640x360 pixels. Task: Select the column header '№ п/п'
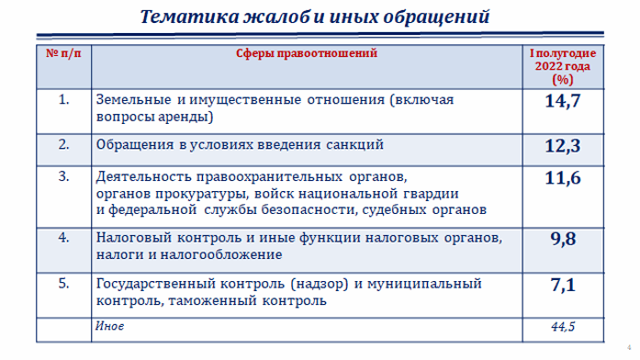(x=63, y=54)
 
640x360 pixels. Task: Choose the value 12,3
(x=561, y=147)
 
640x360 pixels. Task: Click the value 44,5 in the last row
(x=561, y=328)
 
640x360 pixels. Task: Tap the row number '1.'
(x=63, y=99)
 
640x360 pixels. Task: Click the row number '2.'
(x=63, y=144)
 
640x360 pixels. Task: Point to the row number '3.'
(x=63, y=174)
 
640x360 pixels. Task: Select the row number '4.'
(x=63, y=237)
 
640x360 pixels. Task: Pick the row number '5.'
(x=63, y=283)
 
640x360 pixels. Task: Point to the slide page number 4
(x=628, y=350)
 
